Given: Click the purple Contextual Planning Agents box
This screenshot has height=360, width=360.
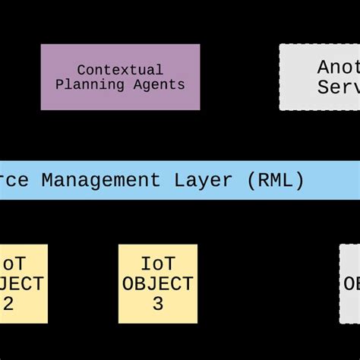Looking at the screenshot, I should [120, 77].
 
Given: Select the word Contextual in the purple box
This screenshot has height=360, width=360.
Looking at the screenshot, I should [120, 70].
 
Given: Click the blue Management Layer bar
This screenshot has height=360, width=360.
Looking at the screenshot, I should [180, 180].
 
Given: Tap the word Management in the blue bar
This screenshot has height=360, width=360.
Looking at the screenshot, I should [100, 180].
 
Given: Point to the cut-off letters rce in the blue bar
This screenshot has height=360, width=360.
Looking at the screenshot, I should [15, 180].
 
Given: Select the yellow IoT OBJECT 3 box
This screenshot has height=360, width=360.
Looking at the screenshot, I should [158, 283].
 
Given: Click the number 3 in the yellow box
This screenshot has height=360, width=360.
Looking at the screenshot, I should [158, 304].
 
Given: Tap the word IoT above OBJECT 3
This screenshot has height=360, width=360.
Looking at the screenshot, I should [158, 264].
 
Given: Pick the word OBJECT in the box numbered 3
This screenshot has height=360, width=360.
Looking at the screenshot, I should [158, 284].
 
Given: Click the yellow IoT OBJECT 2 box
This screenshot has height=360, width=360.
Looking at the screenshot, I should [23, 283].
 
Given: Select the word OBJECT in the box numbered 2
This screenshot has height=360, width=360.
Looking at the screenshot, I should [21, 284].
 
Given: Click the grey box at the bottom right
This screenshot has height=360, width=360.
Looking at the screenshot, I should [349, 283].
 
